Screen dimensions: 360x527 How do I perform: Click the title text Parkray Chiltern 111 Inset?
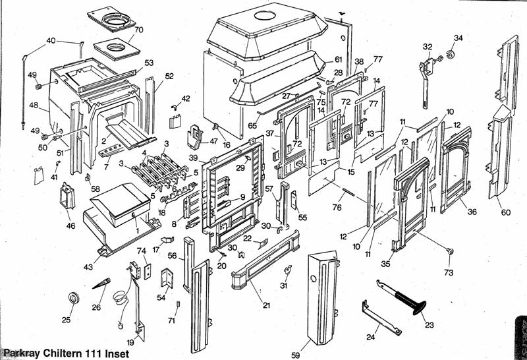(61, 353)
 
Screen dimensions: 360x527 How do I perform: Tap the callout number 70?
(138, 30)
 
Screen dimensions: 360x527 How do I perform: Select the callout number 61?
(338, 60)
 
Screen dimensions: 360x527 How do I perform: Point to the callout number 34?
(458, 38)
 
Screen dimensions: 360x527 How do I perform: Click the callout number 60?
(505, 212)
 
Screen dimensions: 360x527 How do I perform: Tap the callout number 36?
(472, 212)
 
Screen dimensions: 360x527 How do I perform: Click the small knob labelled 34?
(452, 53)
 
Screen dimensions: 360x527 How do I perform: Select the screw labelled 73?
(450, 251)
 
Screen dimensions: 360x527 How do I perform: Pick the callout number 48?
(34, 105)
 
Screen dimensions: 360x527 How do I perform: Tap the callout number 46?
(71, 225)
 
